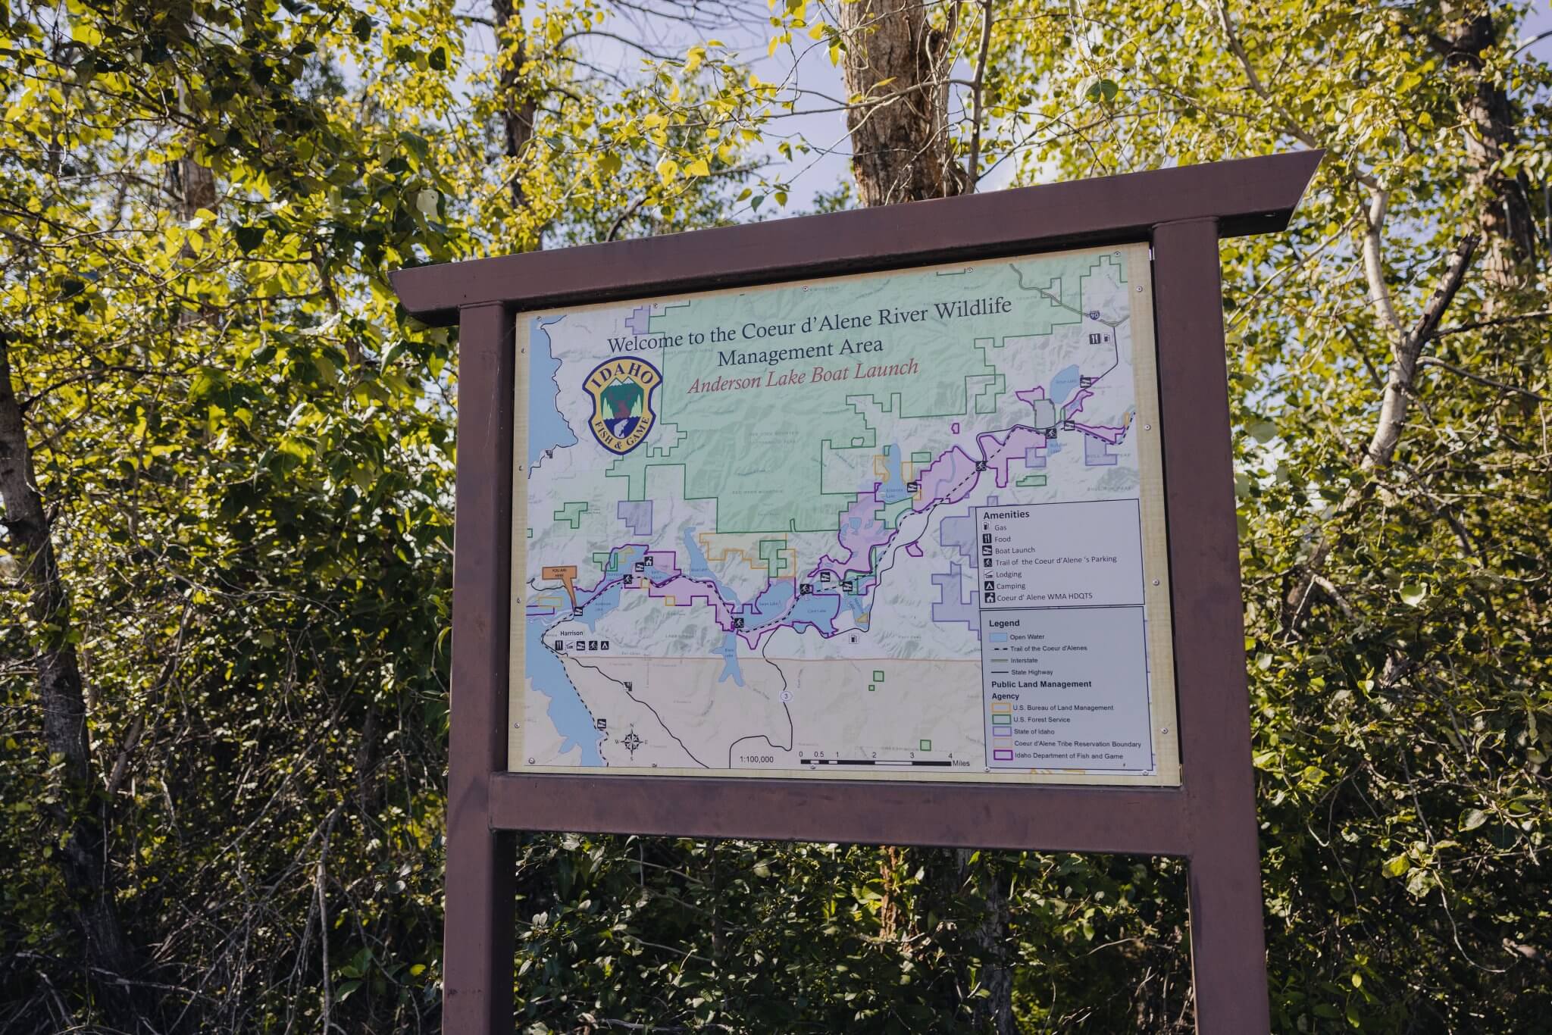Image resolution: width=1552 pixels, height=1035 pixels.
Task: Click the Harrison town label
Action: tap(571, 632)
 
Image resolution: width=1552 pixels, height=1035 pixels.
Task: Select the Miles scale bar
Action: tap(875, 761)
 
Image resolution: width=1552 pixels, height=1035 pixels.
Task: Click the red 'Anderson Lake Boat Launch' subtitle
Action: tap(803, 377)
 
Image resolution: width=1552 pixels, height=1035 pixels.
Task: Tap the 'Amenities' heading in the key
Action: tap(1006, 514)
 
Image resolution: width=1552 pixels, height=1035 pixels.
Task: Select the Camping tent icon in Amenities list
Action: tap(988, 586)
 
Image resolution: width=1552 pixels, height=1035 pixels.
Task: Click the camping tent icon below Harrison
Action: tap(604, 646)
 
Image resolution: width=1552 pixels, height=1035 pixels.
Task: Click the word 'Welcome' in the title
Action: tap(646, 342)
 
